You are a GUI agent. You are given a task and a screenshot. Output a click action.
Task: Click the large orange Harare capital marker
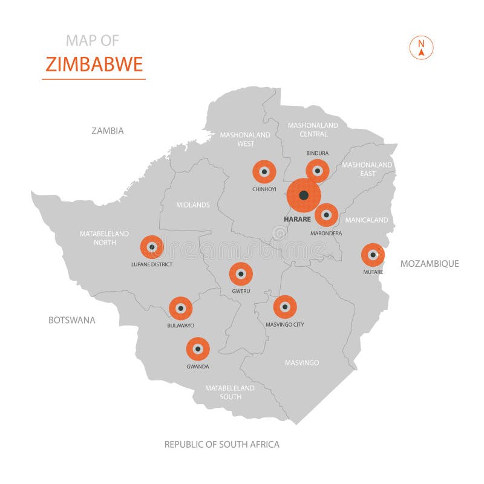[304, 195]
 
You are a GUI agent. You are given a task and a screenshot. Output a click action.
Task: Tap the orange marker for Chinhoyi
[264, 172]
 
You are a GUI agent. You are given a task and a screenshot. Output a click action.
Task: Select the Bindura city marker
[317, 171]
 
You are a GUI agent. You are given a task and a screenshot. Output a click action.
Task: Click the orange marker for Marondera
[326, 215]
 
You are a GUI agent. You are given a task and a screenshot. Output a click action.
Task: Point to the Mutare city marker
[373, 255]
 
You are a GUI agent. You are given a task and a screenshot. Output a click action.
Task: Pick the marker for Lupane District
[152, 247]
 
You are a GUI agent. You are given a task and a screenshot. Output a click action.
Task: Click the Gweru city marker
[241, 274]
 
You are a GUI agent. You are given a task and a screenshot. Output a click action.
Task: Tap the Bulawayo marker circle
[180, 308]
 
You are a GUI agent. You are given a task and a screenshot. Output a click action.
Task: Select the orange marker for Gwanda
[198, 349]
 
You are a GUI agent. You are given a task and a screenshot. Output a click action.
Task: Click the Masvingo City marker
[285, 307]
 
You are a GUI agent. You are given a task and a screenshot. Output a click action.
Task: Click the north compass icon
[422, 48]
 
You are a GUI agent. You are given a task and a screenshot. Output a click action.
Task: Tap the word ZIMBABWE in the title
[94, 64]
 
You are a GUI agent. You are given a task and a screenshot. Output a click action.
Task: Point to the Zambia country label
[108, 131]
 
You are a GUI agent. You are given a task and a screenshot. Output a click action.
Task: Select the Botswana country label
[72, 320]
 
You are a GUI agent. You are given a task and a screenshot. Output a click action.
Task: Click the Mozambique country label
[430, 263]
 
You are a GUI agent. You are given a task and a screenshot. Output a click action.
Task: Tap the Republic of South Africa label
[222, 444]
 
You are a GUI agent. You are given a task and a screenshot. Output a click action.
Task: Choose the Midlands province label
[193, 205]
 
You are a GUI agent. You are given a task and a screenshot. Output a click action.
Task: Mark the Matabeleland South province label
[230, 392]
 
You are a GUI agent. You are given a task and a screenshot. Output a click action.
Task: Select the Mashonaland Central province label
[313, 129]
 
